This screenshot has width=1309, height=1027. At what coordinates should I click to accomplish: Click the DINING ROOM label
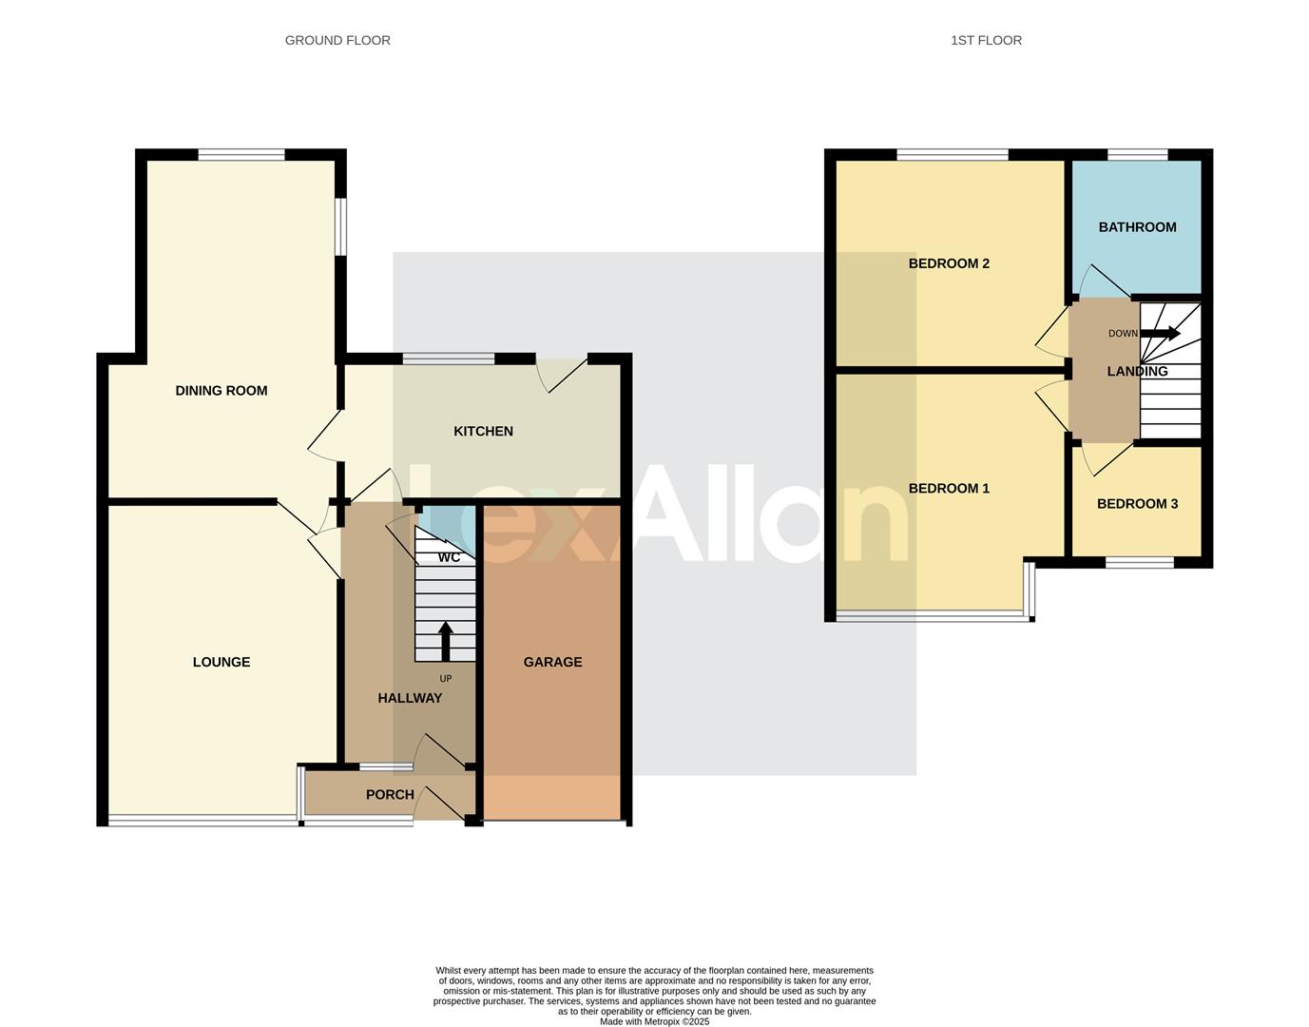click(x=221, y=391)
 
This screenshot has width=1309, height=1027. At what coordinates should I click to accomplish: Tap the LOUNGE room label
click(x=221, y=663)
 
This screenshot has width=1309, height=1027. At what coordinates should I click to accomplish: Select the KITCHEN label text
click(x=483, y=432)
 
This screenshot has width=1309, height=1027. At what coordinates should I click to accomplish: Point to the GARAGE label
click(x=552, y=663)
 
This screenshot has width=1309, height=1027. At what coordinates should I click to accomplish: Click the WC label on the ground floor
click(x=449, y=557)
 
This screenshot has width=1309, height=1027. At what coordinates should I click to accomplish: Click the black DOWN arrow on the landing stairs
click(x=1160, y=334)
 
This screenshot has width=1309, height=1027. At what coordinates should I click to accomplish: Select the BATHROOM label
click(x=1137, y=227)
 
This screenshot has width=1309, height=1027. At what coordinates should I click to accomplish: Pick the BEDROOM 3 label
click(x=1137, y=504)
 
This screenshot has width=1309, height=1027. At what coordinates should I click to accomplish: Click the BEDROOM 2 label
click(x=949, y=263)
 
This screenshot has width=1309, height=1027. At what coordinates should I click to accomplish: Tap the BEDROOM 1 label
click(x=949, y=489)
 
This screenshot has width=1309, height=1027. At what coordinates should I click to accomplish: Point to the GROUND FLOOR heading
click(x=337, y=40)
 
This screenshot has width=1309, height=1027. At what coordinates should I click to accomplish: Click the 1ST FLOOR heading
click(x=986, y=40)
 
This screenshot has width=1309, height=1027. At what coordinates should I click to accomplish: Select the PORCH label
click(x=390, y=795)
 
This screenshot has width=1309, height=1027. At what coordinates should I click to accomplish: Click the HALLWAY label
click(x=410, y=698)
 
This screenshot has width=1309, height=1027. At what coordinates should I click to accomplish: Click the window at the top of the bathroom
click(x=1137, y=154)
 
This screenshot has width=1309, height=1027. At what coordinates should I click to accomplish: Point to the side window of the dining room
click(x=341, y=226)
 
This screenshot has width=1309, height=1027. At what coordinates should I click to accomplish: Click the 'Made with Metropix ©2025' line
click(x=654, y=1021)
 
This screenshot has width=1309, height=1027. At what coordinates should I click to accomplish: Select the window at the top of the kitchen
click(x=448, y=358)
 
